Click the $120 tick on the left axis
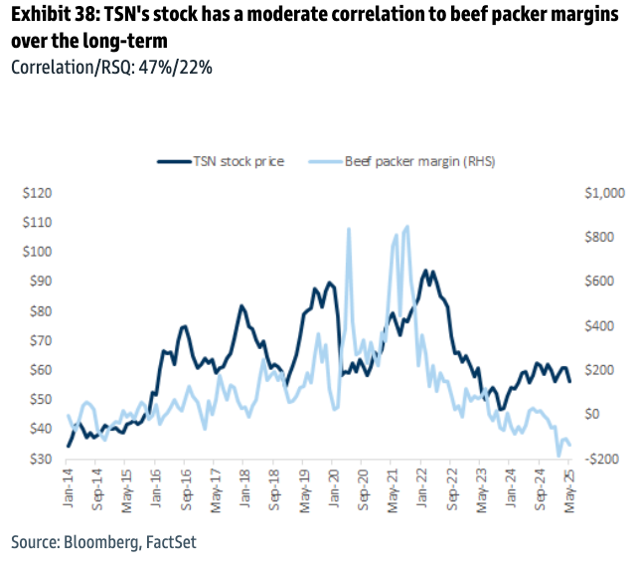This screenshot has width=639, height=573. (39, 193)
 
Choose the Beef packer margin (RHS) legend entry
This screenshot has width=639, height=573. (410, 161)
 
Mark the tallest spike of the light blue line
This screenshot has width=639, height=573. (406, 227)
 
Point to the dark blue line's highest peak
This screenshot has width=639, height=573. (426, 270)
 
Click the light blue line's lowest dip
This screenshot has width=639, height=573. (559, 455)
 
